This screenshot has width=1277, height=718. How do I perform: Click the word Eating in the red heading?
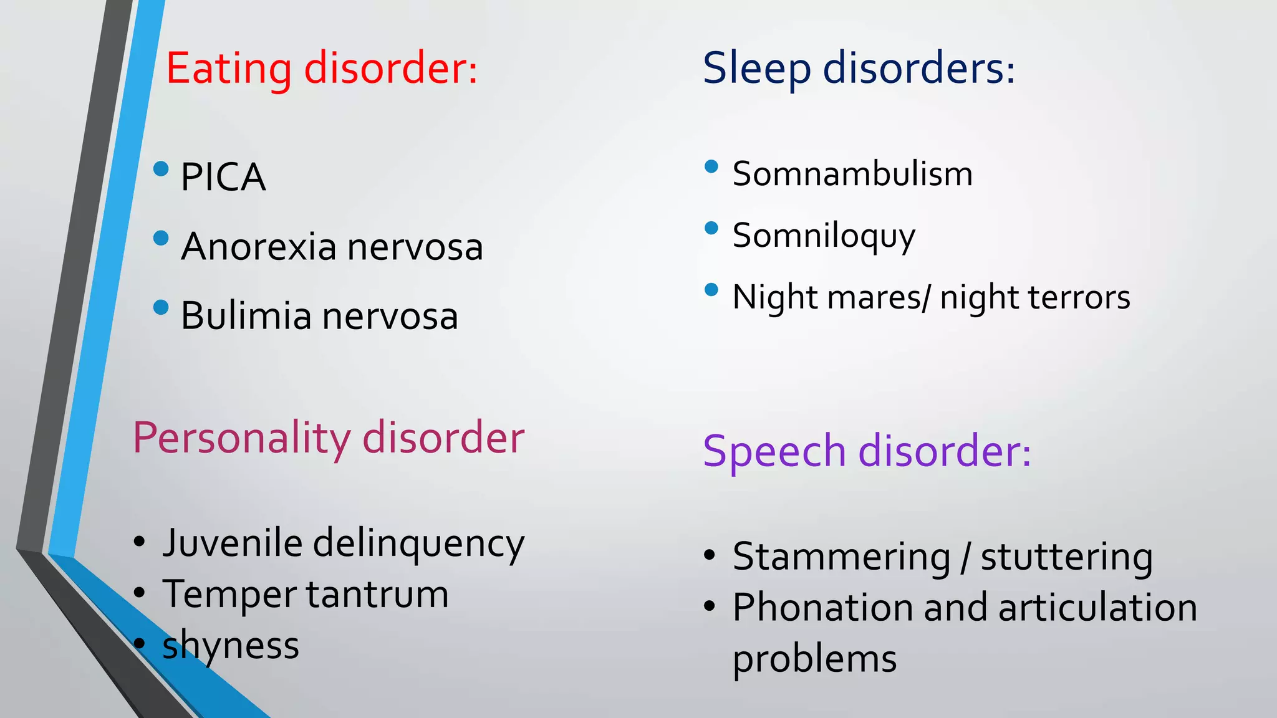228,68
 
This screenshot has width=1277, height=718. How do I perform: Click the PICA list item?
223,177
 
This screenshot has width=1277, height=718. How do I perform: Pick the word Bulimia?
246,316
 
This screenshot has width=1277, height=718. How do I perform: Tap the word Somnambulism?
852,174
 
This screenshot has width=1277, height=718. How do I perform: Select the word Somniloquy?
824,236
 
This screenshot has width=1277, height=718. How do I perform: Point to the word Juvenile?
233,543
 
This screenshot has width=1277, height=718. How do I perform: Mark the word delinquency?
418,544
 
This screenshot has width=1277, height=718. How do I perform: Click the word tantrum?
377,594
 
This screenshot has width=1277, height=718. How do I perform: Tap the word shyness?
231,646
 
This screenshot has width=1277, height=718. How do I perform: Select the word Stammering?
841,557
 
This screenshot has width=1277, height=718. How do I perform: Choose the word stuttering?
1066,557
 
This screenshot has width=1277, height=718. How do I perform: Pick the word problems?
814,659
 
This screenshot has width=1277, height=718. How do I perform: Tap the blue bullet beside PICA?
161,168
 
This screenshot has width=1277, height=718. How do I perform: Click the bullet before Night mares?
711,290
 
